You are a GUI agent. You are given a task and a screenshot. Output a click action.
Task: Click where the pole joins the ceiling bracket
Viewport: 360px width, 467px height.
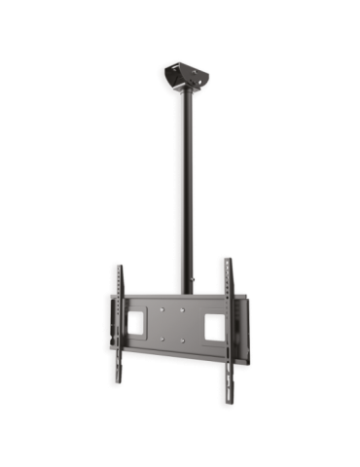coord(185,91)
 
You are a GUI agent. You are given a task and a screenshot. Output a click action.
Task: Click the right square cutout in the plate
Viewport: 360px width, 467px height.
coord(211,328)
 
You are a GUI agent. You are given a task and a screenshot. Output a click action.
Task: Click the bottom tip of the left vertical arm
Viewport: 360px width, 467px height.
coord(116,385)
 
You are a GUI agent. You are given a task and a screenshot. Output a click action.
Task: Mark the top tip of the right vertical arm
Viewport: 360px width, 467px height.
coord(227,260)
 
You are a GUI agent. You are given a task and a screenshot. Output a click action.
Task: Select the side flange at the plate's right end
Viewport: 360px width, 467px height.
coord(245,331)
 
